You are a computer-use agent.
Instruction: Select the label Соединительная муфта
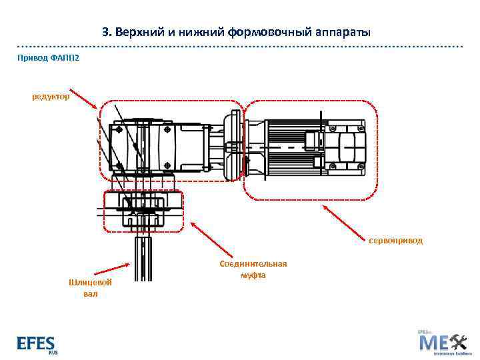tap(253, 269)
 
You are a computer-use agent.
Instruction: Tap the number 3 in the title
tap(105, 32)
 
